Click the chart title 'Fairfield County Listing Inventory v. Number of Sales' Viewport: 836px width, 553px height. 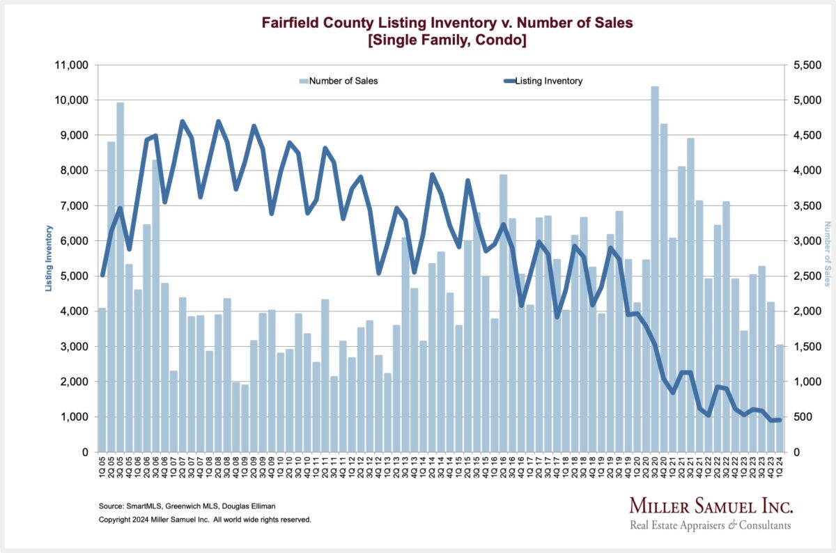[447, 23]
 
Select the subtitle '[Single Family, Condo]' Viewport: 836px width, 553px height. [447, 42]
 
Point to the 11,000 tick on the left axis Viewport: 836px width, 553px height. [72, 65]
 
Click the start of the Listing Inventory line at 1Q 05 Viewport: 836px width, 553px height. [102, 276]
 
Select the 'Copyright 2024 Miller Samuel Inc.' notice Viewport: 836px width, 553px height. [205, 520]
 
